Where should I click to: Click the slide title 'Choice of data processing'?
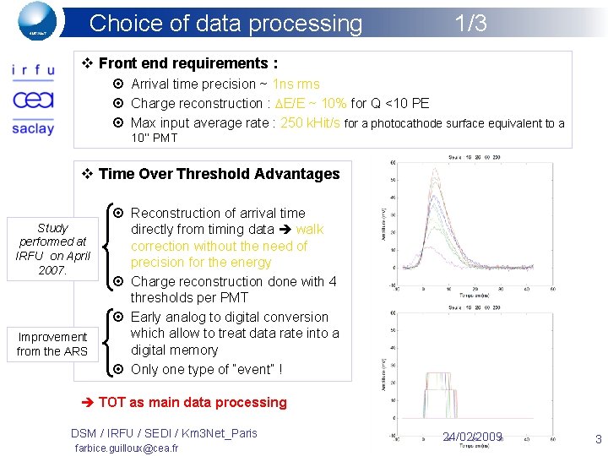pos(225,24)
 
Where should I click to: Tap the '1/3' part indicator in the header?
pos(470,24)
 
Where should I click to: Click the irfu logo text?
pos(33,71)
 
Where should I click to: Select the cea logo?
pos(33,100)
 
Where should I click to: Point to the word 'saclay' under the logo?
pos(33,128)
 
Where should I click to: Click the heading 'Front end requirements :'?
pos(187,63)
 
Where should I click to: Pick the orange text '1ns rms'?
pos(296,84)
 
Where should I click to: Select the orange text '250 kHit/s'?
pos(310,123)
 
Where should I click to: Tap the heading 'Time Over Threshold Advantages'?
pos(219,174)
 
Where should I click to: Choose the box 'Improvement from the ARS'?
pos(52,344)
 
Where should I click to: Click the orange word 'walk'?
pos(310,229)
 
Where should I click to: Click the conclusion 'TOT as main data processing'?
pos(193,403)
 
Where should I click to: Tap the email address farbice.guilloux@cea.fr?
pos(126,448)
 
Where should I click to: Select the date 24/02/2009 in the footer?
pos(472,437)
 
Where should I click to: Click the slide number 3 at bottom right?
pos(598,438)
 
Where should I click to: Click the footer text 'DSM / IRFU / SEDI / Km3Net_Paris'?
pos(164,433)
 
